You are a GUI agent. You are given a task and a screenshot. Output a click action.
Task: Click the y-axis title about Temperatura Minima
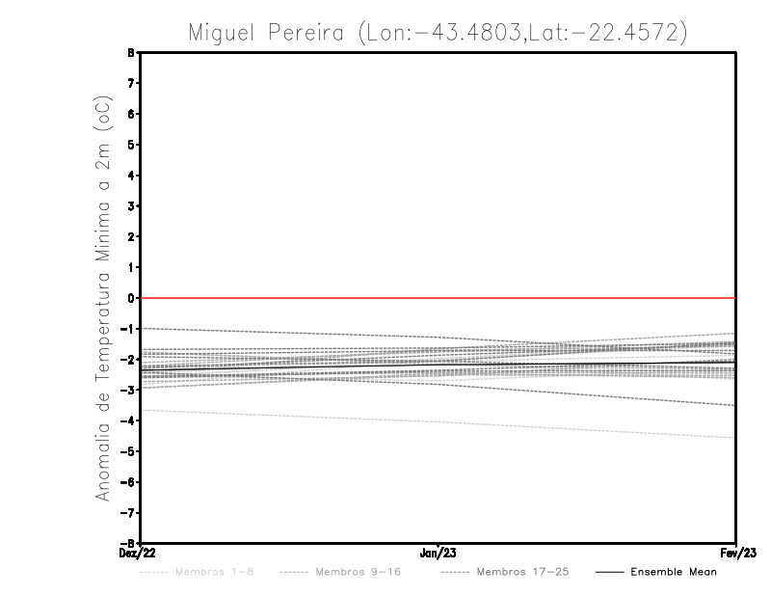point(104,297)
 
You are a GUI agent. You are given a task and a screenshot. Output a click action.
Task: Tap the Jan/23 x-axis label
point(439,553)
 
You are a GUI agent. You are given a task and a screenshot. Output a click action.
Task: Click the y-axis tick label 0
point(132,298)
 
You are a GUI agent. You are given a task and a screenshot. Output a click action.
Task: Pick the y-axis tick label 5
point(132,145)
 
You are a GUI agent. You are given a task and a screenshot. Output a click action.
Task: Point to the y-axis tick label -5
point(130,450)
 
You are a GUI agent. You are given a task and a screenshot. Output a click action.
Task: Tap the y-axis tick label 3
point(132,206)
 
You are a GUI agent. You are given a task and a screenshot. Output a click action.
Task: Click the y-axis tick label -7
point(130,512)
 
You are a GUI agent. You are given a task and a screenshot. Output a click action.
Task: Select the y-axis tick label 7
point(132,84)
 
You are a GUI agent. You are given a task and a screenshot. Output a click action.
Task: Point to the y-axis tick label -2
point(130,359)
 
